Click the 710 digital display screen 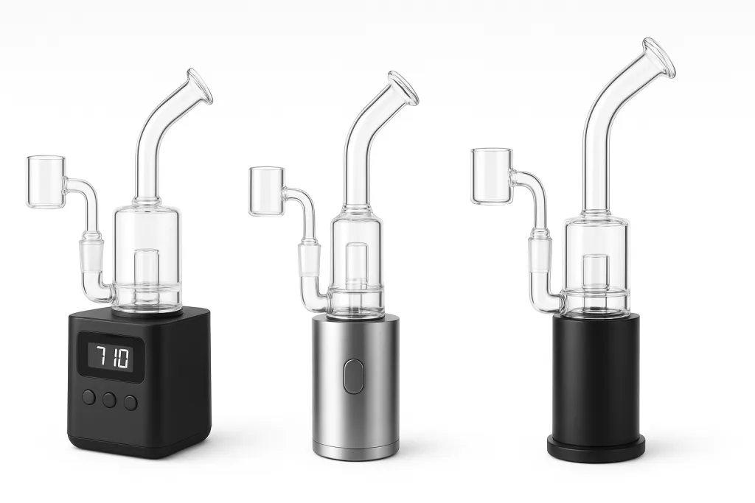(111, 356)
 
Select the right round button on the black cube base (131, 402)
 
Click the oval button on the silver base (353, 376)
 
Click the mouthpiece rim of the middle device (403, 88)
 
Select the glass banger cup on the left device (46, 183)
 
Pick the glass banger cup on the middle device (267, 191)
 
